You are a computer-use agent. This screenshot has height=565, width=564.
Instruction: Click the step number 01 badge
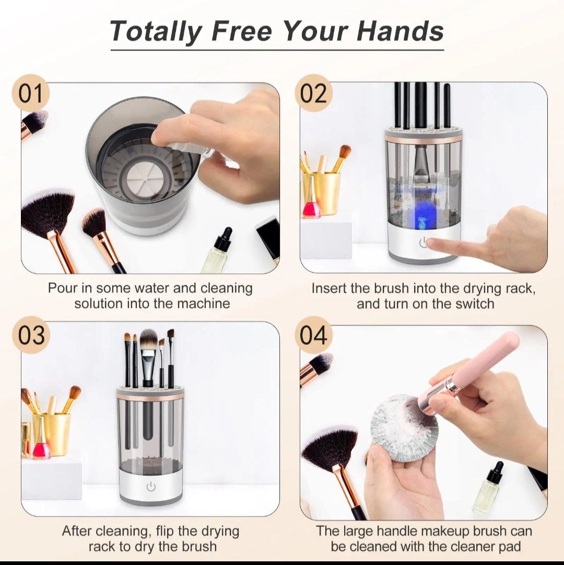(31, 93)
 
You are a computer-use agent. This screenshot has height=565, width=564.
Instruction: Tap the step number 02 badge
(313, 93)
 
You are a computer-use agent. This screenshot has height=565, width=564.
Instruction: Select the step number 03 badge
(31, 335)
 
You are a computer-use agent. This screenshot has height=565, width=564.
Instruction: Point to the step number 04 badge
(313, 335)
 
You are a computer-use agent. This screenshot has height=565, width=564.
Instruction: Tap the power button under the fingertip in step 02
(424, 243)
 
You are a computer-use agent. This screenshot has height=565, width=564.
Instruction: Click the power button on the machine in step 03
(151, 487)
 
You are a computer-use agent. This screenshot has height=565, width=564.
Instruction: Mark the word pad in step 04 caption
(510, 547)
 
